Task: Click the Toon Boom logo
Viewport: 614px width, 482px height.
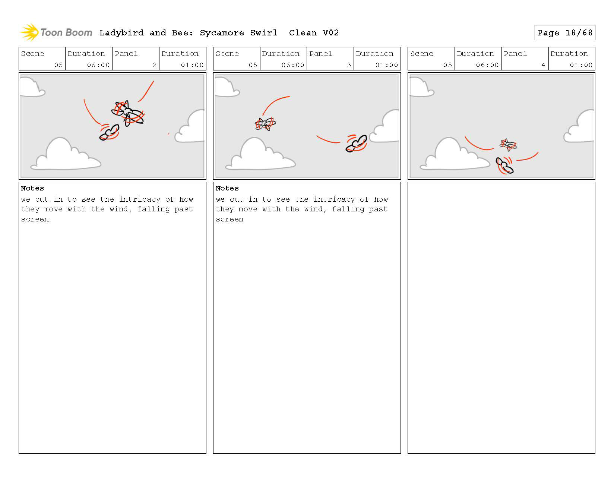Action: [x=56, y=32]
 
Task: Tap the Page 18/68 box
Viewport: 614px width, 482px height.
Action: [x=564, y=33]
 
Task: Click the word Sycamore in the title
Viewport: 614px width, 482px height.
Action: [x=222, y=33]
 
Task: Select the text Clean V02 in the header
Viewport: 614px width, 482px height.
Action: [x=314, y=33]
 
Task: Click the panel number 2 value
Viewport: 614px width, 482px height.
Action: [x=155, y=65]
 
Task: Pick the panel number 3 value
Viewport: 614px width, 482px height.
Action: [x=349, y=65]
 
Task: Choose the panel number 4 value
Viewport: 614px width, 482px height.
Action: [x=543, y=65]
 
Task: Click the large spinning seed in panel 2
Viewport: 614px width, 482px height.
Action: [x=128, y=114]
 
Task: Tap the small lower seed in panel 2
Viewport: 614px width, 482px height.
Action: [x=110, y=132]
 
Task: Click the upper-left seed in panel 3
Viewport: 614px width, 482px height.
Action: [x=265, y=124]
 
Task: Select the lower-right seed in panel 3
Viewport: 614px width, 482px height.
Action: [x=356, y=143]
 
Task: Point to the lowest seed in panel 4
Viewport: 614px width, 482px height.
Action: [x=504, y=166]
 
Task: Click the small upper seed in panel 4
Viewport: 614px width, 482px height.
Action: [x=508, y=145]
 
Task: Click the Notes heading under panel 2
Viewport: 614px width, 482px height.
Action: [x=32, y=188]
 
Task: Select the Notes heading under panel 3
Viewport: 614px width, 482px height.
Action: [x=227, y=188]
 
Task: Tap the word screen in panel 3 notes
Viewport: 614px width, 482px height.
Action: [x=230, y=219]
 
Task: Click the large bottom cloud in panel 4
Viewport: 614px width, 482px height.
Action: [x=455, y=154]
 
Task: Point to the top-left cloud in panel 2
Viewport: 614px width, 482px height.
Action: [x=32, y=87]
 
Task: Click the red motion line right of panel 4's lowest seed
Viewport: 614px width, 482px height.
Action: [x=527, y=157]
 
